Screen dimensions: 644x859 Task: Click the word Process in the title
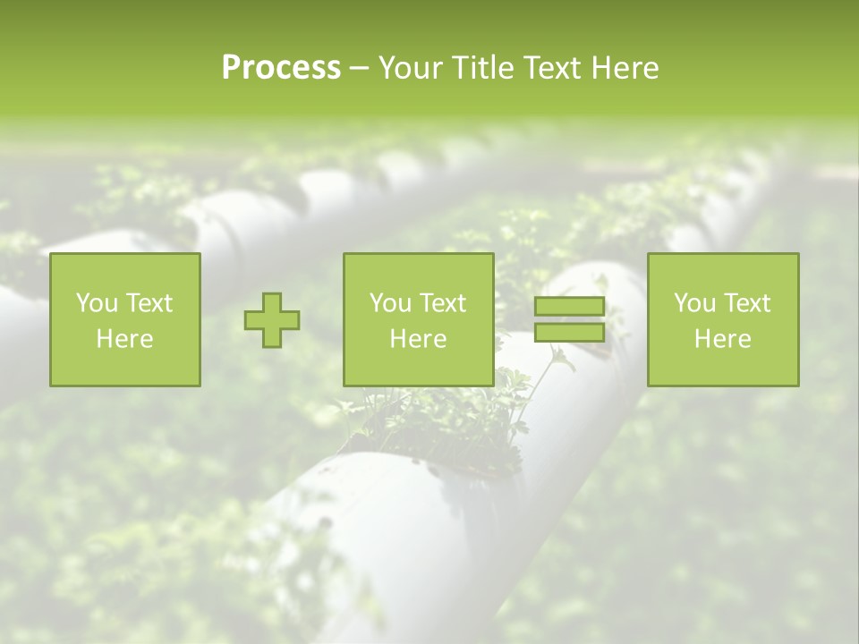pyautogui.click(x=281, y=68)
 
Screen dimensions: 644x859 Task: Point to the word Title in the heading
pyautogui.click(x=483, y=68)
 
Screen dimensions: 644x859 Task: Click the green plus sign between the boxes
pyautogui.click(x=272, y=320)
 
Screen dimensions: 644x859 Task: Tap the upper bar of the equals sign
pyautogui.click(x=569, y=307)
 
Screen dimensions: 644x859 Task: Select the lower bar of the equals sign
pyautogui.click(x=569, y=332)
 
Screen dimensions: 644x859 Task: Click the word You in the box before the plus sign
pyautogui.click(x=98, y=303)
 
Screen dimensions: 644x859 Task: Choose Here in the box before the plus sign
pyautogui.click(x=124, y=339)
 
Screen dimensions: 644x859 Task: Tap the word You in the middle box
pyautogui.click(x=391, y=303)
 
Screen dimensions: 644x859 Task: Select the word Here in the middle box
pyautogui.click(x=418, y=339)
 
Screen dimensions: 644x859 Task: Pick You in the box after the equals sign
pyautogui.click(x=695, y=303)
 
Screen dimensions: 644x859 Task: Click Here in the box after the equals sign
pyautogui.click(x=722, y=339)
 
